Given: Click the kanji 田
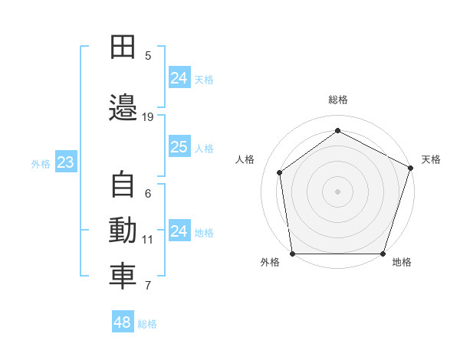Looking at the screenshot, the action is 123,47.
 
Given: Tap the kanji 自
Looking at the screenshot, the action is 123,184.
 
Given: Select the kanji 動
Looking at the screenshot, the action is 123,230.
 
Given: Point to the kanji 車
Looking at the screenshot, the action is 123,277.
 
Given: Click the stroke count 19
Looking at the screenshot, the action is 147,117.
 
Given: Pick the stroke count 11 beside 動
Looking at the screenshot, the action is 147,240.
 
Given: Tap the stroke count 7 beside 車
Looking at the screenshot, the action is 148,286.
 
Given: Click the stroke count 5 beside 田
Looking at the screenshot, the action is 148,56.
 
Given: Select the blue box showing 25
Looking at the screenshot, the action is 180,146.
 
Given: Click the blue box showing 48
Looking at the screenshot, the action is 123,321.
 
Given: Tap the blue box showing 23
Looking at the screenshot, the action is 66,162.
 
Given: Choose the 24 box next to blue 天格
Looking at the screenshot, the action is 180,77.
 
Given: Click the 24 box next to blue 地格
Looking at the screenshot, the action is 180,230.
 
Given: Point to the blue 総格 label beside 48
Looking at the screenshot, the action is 147,324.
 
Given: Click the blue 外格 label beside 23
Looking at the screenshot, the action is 41,164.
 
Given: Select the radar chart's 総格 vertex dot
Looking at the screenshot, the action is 337,130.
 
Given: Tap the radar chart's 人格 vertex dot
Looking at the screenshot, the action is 280,172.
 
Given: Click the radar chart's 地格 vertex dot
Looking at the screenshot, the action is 383,254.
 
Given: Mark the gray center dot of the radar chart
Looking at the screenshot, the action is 337,191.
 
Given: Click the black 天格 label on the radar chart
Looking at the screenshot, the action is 431,159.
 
